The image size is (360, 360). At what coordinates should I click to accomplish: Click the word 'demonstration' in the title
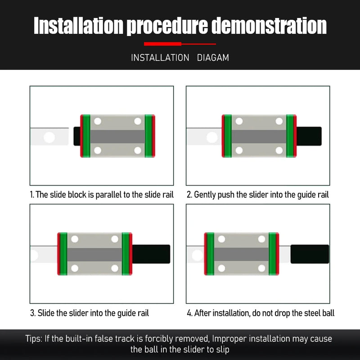point(269,26)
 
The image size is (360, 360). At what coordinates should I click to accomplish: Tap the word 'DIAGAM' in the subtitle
point(213,58)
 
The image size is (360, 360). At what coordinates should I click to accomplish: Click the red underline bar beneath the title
point(180,44)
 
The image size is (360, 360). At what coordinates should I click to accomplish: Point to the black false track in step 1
point(76,136)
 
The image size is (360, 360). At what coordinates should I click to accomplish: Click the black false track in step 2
point(309,136)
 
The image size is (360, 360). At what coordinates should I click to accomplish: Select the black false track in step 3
point(151,254)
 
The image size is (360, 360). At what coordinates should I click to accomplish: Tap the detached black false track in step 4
point(310,254)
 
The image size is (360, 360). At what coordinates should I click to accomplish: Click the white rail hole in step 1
point(49,138)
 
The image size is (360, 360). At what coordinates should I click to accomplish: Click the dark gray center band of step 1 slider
point(117,137)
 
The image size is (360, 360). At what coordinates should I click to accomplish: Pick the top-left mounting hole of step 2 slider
point(239,121)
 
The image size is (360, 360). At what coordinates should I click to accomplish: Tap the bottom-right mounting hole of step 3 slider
point(115,268)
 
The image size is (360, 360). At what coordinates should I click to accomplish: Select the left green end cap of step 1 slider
point(86,136)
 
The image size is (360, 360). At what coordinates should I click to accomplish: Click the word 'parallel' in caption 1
point(108,195)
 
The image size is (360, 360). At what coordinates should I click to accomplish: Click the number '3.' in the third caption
point(33,313)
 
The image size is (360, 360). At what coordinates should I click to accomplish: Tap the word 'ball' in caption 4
point(328,313)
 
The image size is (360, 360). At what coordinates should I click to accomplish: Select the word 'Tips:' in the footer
point(34,339)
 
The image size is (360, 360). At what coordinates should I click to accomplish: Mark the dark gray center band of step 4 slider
point(241,254)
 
